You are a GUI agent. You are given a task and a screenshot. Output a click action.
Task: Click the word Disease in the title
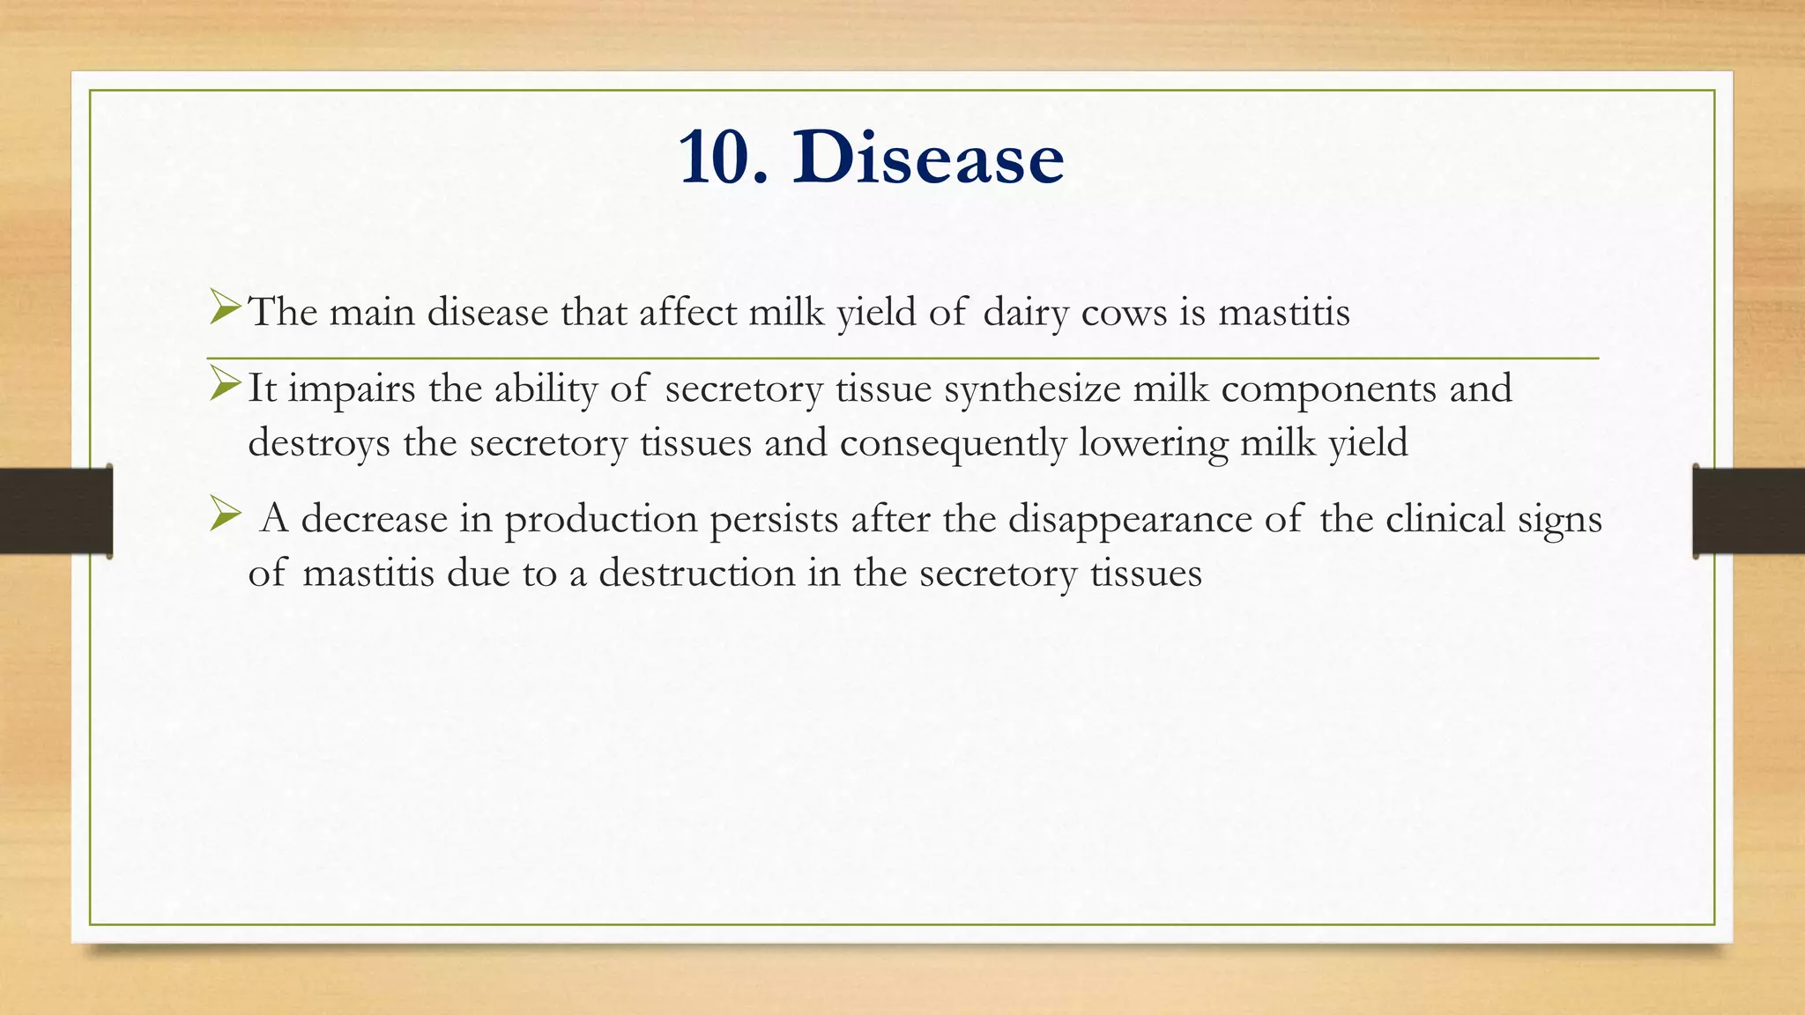click(927, 158)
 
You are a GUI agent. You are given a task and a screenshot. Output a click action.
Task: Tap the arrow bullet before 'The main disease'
click(226, 308)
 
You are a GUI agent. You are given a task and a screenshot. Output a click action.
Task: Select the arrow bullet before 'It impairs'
click(226, 385)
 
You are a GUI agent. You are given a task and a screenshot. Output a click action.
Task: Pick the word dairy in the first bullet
click(1025, 313)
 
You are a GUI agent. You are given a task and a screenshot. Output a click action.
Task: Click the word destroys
click(318, 443)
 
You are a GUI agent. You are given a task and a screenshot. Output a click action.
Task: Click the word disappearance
click(1130, 520)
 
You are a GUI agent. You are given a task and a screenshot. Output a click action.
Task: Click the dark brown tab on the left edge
click(56, 511)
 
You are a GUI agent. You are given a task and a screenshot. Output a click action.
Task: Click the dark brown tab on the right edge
click(1749, 511)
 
